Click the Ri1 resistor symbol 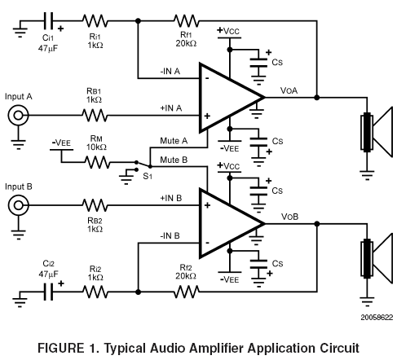coord(95,20)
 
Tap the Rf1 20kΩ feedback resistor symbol coord(187,20)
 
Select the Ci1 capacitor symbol coord(48,20)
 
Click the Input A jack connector coord(18,116)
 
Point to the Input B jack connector coord(18,205)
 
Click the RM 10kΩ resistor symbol coord(98,162)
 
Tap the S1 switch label coord(148,176)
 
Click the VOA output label coord(289,90)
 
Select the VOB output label coord(289,217)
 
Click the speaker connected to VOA coord(377,132)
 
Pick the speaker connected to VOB coord(377,258)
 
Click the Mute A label coord(174,141)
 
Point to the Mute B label coord(174,160)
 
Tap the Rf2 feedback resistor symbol coord(187,292)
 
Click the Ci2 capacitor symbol coord(48,292)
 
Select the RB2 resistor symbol coord(95,205)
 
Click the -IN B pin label coord(170,235)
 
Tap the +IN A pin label coord(170,108)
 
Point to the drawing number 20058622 coord(377,318)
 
